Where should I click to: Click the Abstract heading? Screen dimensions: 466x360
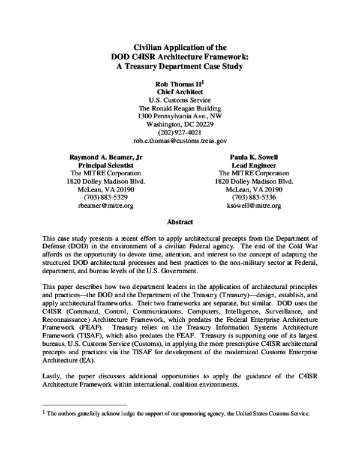click(179, 221)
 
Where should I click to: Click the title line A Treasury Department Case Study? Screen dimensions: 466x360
click(179, 66)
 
